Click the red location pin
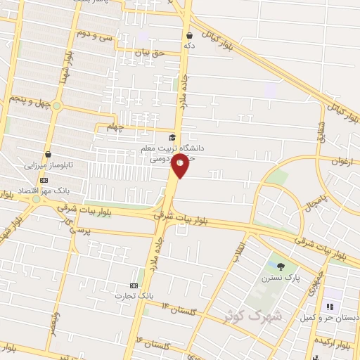[181, 167]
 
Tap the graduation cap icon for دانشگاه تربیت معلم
[173, 137]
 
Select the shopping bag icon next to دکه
[190, 34]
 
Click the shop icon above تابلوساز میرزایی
[48, 154]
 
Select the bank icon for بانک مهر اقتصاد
[44, 180]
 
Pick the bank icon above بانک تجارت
[134, 285]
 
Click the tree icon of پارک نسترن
[281, 266]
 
